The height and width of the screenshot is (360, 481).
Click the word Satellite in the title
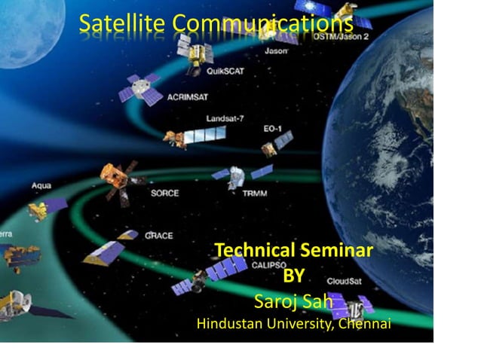point(123,24)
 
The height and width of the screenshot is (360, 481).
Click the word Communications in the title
point(263,24)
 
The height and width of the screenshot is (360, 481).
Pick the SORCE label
point(164,193)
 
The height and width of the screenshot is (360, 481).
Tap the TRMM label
point(255,193)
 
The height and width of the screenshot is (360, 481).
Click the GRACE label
point(158,236)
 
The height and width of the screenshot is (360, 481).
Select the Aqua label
point(41,185)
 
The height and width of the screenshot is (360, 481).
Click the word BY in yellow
point(293,276)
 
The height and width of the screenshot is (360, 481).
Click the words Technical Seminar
point(293,251)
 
